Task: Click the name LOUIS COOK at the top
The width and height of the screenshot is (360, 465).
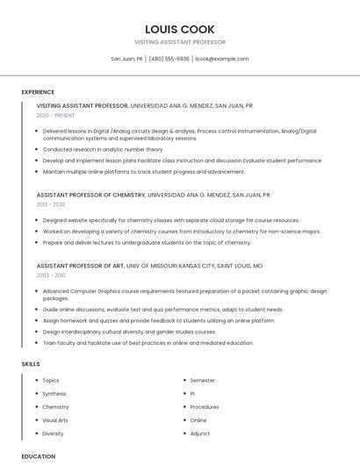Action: pyautogui.click(x=179, y=29)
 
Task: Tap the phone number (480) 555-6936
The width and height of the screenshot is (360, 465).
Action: pyautogui.click(x=169, y=59)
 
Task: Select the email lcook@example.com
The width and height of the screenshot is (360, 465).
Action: pyautogui.click(x=222, y=59)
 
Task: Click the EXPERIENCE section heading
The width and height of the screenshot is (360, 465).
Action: pyautogui.click(x=38, y=92)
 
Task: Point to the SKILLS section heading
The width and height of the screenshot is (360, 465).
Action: pyautogui.click(x=31, y=363)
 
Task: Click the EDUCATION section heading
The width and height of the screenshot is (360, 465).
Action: pyautogui.click(x=39, y=456)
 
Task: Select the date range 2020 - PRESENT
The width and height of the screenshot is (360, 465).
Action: pyautogui.click(x=55, y=115)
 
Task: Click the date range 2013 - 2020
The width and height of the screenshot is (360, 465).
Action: pyautogui.click(x=50, y=204)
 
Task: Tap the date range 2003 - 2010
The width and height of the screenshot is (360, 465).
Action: pyautogui.click(x=50, y=275)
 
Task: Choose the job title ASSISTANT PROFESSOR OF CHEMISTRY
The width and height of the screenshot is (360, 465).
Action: pyautogui.click(x=90, y=195)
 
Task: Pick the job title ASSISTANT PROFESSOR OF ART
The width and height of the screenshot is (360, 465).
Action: pyautogui.click(x=80, y=265)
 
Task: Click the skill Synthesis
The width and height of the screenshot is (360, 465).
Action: pyautogui.click(x=54, y=394)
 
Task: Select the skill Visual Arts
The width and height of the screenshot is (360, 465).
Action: pyautogui.click(x=55, y=420)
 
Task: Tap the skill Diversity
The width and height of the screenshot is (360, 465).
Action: pyautogui.click(x=53, y=433)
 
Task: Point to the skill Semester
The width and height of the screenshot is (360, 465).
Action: pyautogui.click(x=202, y=381)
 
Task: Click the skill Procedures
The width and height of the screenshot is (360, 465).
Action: pyautogui.click(x=205, y=407)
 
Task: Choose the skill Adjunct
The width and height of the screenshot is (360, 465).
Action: pyautogui.click(x=200, y=433)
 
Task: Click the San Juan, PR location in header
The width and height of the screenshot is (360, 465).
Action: pyautogui.click(x=126, y=59)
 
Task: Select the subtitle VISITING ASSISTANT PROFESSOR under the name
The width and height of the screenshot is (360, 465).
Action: pyautogui.click(x=180, y=42)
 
